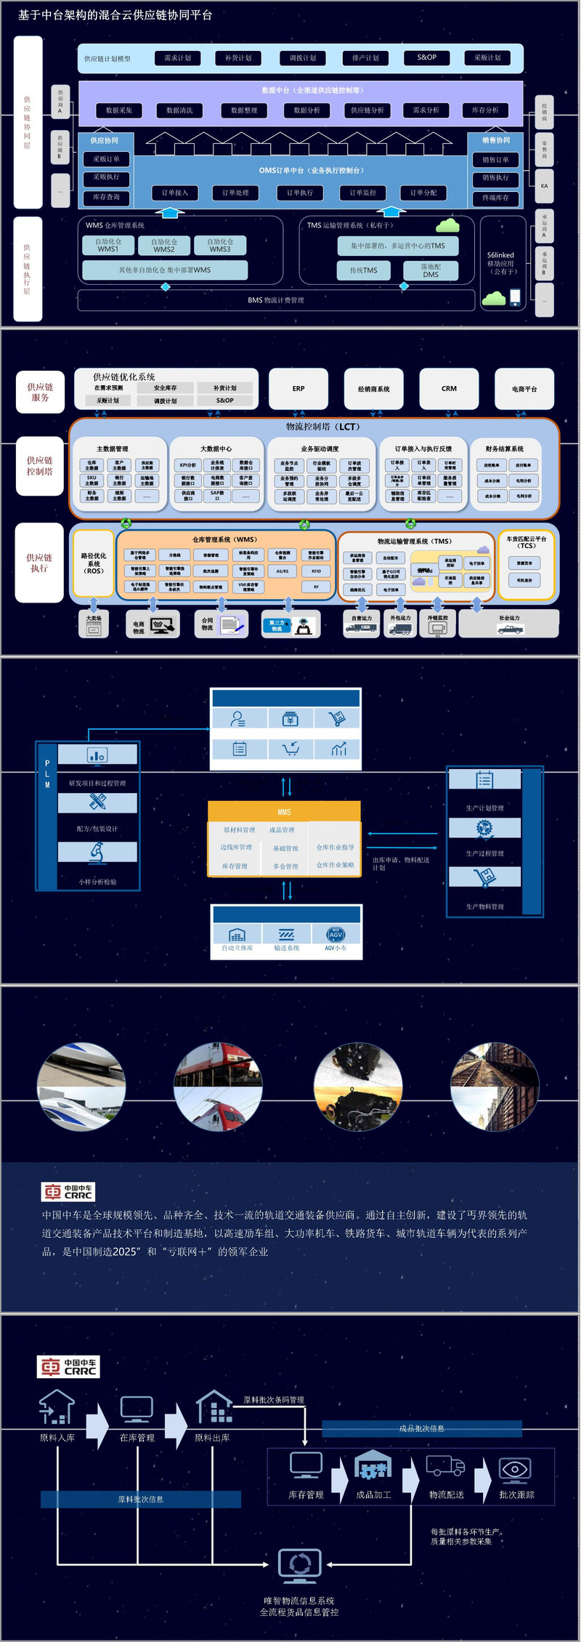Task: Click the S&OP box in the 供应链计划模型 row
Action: [427, 57]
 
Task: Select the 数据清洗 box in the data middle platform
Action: [179, 110]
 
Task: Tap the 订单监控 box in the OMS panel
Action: [363, 193]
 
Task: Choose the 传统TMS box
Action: [364, 270]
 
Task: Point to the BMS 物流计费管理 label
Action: [276, 300]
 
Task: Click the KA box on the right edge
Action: [544, 186]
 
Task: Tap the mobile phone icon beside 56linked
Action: [515, 297]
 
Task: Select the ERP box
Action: [298, 389]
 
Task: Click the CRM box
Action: [449, 389]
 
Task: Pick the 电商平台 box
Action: [524, 389]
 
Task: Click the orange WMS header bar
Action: [284, 812]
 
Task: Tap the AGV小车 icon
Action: [336, 934]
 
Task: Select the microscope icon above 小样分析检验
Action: [97, 852]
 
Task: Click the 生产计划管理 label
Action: [484, 808]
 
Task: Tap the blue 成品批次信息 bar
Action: [422, 1428]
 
